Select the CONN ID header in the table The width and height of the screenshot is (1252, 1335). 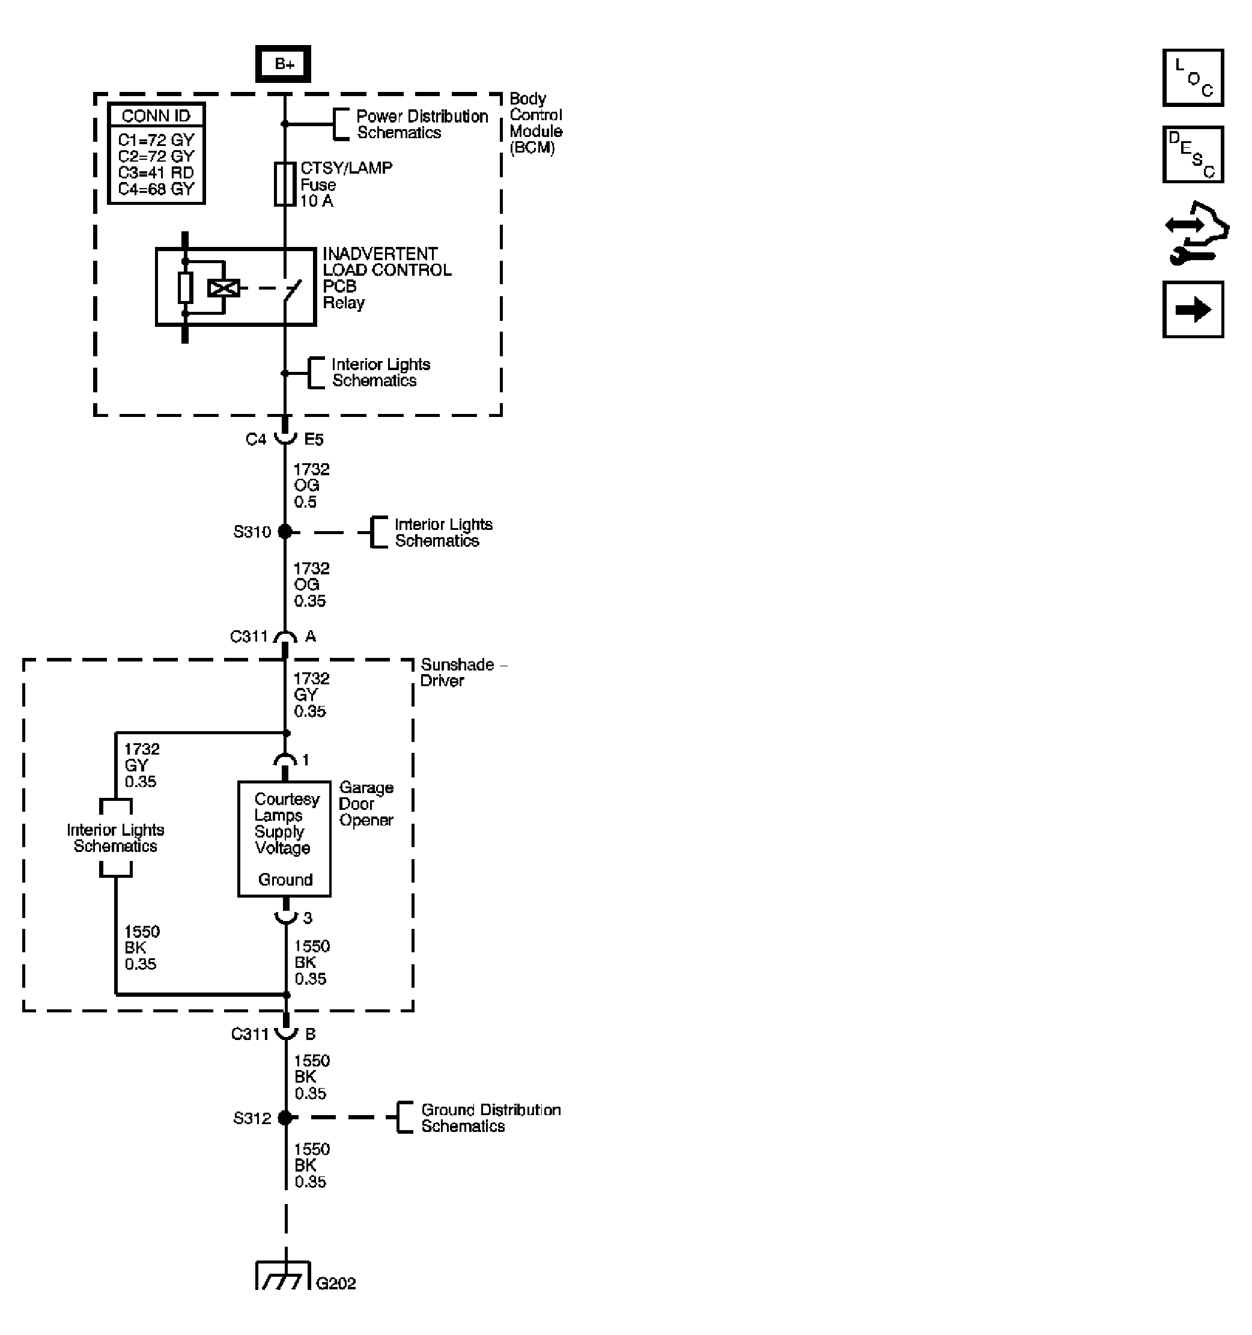click(156, 115)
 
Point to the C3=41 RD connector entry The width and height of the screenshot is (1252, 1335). click(156, 172)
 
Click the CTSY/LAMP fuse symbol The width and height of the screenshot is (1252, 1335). click(285, 183)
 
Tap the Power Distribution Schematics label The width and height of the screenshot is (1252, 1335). click(422, 124)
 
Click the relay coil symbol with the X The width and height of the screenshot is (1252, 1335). click(223, 288)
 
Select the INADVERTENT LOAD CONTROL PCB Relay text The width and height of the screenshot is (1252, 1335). click(386, 278)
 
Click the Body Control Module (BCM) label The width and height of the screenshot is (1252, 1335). click(535, 123)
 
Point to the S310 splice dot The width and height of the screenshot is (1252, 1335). click(285, 532)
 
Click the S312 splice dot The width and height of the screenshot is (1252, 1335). click(285, 1118)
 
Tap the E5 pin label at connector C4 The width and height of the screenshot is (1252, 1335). click(314, 439)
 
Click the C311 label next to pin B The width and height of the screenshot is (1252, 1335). click(250, 1033)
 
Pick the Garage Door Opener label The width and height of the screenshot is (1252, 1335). click(366, 804)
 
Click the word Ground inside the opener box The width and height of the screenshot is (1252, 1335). click(285, 880)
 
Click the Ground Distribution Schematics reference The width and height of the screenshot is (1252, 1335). click(490, 1118)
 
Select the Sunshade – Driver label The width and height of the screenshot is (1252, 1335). click(462, 672)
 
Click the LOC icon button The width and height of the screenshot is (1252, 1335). click(1193, 78)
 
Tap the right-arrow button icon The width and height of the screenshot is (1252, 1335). click(1193, 309)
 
